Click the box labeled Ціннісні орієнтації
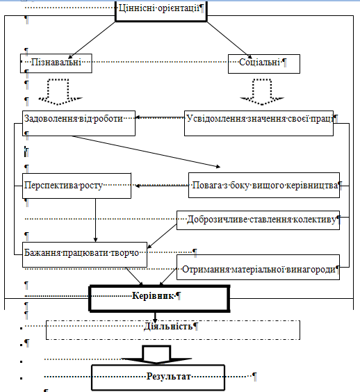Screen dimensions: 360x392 coord(161,10)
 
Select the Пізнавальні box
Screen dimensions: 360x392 coord(56,63)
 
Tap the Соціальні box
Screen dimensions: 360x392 coord(264,64)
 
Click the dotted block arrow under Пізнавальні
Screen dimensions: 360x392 coord(60,92)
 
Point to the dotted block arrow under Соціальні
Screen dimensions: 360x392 coord(262,92)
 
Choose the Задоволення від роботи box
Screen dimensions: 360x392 coord(79,123)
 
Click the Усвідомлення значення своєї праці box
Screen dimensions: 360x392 coord(259,123)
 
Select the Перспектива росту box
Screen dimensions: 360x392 coord(76,186)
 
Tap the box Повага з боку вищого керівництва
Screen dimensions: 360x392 coord(264,185)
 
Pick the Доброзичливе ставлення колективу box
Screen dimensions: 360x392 coord(258,220)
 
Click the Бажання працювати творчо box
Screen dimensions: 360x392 coord(85,254)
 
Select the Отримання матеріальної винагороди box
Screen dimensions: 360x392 coord(258,267)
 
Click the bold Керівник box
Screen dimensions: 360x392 coord(159,298)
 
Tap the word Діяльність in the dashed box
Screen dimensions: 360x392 coord(168,326)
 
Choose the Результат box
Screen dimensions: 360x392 coord(158,377)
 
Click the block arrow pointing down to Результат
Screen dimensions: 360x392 coord(156,354)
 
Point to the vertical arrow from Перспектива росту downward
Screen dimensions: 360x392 coord(95,220)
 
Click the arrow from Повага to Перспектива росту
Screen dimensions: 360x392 coord(161,186)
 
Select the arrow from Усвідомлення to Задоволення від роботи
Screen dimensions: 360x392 coord(160,117)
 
